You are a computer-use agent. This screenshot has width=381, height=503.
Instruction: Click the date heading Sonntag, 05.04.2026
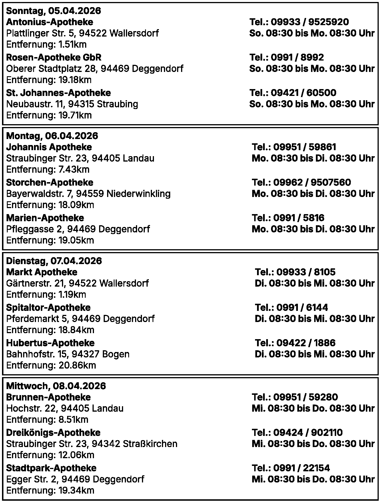53,11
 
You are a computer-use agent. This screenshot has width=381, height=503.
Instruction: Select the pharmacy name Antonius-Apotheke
49,22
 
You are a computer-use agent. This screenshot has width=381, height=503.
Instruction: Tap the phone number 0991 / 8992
297,57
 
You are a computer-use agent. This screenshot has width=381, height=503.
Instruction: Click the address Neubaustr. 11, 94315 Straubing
72,104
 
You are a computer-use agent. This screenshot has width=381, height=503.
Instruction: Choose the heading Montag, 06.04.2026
52,136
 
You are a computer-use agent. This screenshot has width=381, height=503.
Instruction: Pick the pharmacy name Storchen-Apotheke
49,182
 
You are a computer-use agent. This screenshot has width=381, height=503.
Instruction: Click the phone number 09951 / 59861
304,147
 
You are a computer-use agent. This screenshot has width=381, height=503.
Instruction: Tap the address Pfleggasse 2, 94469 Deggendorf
78,229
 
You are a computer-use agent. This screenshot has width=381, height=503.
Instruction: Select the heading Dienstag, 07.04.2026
54,261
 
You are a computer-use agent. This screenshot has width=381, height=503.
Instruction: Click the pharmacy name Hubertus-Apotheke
50,343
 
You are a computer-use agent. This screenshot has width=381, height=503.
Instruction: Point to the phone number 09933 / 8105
306,272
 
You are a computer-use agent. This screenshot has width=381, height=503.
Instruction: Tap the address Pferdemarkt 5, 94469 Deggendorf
80,319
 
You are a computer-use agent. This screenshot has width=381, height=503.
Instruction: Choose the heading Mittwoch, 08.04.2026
56,386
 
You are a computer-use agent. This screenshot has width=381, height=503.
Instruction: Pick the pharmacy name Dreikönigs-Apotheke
53,432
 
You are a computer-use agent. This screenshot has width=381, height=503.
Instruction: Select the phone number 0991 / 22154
301,468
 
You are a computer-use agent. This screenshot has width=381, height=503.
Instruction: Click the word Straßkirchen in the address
150,444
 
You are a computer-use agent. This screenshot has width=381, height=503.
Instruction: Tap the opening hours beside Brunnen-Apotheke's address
313,408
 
